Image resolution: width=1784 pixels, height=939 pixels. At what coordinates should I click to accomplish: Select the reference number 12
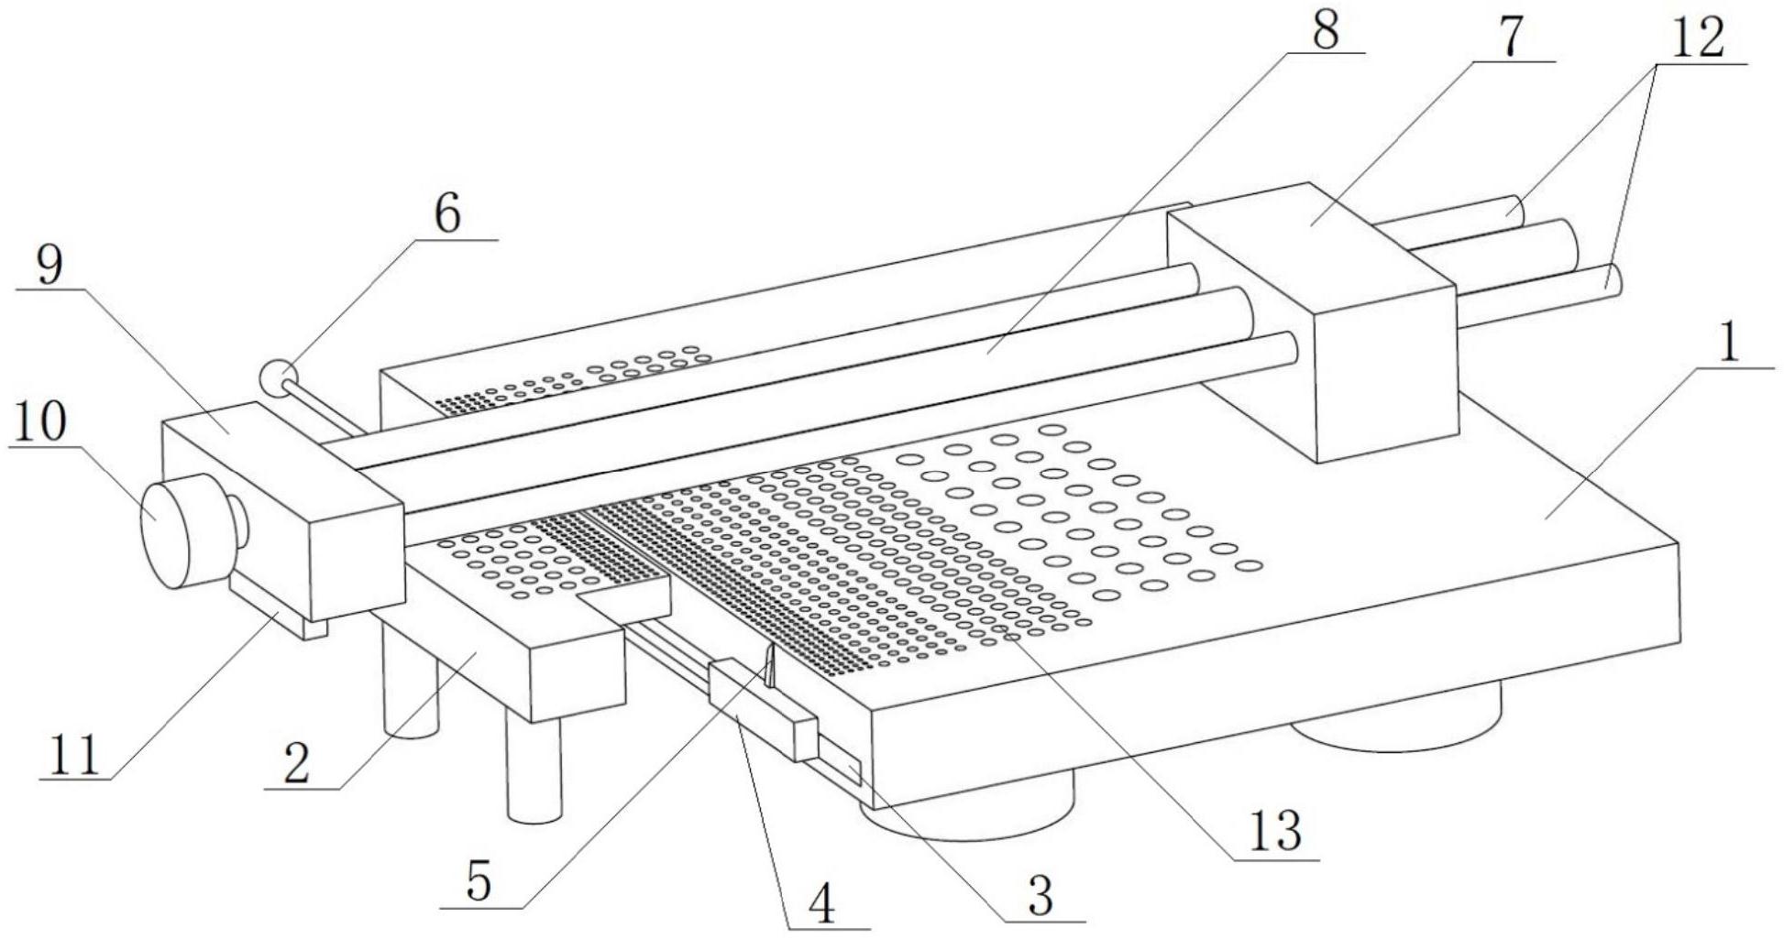pos(1698,39)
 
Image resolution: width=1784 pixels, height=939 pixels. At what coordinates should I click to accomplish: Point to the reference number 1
pos(1728,345)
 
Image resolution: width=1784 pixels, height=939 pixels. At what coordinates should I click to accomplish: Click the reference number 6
pos(446,214)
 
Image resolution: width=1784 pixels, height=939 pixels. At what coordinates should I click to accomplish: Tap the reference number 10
pos(38,423)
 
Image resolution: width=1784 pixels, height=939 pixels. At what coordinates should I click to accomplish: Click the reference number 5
pos(479,881)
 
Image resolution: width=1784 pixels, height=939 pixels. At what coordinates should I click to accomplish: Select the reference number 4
pos(822,905)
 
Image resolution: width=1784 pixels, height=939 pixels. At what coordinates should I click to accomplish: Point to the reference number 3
pos(1041,895)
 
